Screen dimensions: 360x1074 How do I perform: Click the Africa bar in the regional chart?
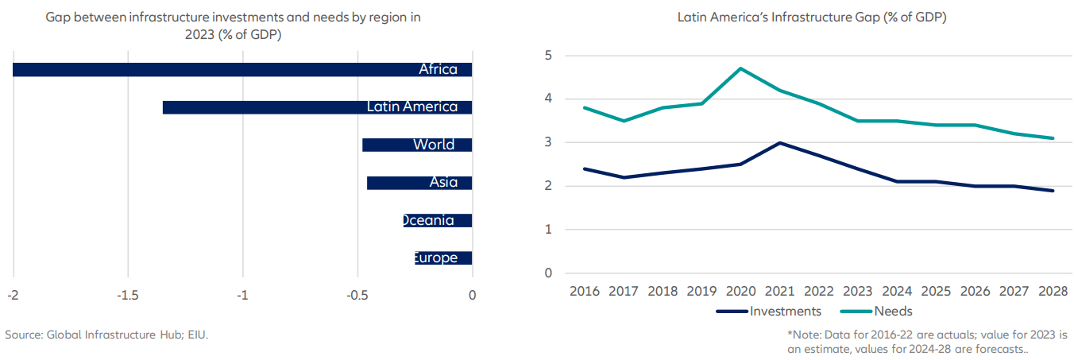coord(238,70)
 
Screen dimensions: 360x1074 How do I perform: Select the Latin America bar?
coord(318,107)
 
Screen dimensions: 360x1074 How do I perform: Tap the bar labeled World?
coord(417,145)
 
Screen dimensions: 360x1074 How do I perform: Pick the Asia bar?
coord(419,183)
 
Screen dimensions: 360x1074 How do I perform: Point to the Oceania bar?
coord(438,220)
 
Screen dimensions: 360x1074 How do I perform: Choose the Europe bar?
coord(443,257)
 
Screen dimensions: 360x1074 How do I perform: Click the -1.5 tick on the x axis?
coord(128,296)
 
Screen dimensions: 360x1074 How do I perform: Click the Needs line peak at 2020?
coord(740,68)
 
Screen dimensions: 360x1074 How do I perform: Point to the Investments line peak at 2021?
coord(779,143)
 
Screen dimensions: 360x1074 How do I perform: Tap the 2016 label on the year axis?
coord(585,291)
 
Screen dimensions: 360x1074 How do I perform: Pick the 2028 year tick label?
coord(1053,291)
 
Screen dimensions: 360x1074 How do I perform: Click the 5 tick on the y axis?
coord(548,56)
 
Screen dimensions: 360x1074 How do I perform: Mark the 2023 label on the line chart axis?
coord(858,291)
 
